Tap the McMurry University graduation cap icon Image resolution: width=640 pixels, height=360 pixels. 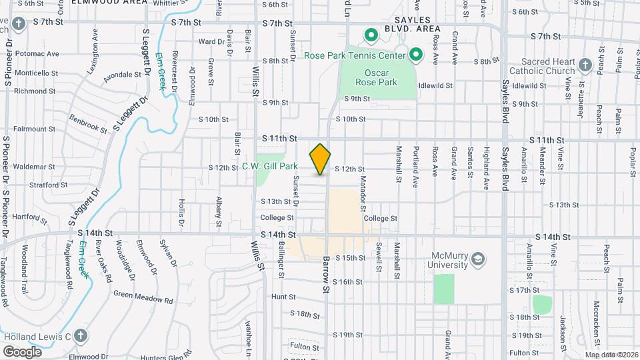[x=477, y=258]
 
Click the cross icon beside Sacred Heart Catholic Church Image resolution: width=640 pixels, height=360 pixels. [x=585, y=65]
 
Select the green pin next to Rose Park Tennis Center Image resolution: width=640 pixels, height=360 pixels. [x=416, y=55]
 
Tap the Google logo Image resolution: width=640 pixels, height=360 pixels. [x=23, y=351]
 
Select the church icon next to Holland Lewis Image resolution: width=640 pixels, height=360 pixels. [x=80, y=336]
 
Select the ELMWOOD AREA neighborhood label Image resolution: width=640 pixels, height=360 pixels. [x=119, y=3]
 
